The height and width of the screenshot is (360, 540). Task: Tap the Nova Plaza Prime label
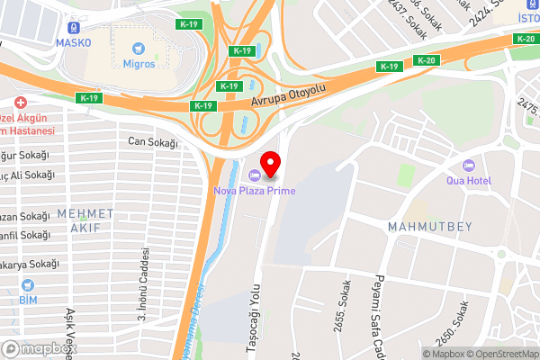[x=254, y=190]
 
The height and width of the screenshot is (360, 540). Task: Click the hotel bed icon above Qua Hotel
[x=467, y=166]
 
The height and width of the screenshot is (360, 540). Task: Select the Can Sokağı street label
[x=149, y=140]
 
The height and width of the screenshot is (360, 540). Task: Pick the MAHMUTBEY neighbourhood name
[x=430, y=226]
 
